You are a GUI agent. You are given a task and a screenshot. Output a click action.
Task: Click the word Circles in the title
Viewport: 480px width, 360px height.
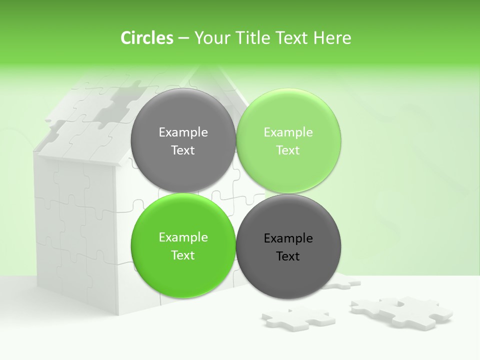point(146,38)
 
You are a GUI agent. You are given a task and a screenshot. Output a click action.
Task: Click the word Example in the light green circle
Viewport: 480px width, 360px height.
point(288,132)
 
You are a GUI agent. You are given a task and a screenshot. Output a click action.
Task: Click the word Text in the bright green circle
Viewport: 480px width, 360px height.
point(183,255)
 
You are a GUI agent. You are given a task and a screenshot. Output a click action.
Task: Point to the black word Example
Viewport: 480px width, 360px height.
point(288,238)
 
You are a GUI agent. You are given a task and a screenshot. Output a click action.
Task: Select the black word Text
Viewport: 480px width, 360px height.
point(288,256)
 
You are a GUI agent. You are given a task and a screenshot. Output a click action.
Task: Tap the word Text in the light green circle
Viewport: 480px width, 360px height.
point(288,150)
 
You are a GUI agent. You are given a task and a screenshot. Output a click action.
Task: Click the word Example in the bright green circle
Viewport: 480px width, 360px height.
point(183,237)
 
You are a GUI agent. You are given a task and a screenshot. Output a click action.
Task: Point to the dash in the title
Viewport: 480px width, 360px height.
point(183,38)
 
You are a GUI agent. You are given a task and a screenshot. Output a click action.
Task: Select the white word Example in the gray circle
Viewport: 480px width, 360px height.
point(183,132)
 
